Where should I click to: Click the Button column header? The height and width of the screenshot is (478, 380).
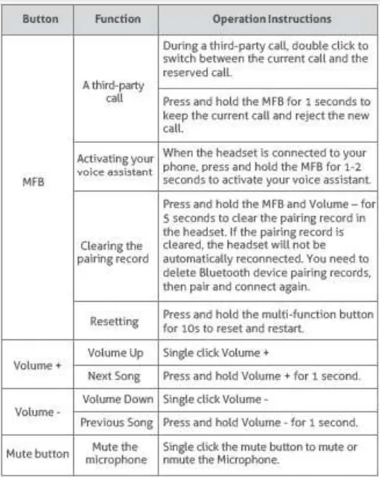[39, 19]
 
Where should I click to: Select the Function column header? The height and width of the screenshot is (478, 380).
[117, 19]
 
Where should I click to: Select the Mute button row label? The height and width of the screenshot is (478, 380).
[38, 454]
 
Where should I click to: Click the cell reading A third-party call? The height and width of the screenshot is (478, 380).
[115, 91]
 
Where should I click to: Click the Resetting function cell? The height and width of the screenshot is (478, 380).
[115, 319]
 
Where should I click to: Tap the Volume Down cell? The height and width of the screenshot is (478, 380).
[117, 399]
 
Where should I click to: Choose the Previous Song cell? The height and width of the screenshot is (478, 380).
[117, 422]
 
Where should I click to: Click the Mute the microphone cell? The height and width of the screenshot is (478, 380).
[115, 453]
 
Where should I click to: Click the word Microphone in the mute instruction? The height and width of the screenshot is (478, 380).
[252, 459]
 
